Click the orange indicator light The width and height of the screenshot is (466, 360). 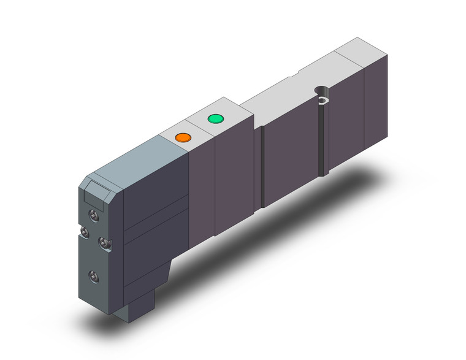coord(182,137)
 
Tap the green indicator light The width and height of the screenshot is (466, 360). coord(215,118)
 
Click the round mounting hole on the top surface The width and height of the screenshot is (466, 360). coord(321,92)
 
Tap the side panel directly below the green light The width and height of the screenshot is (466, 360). coord(233,178)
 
